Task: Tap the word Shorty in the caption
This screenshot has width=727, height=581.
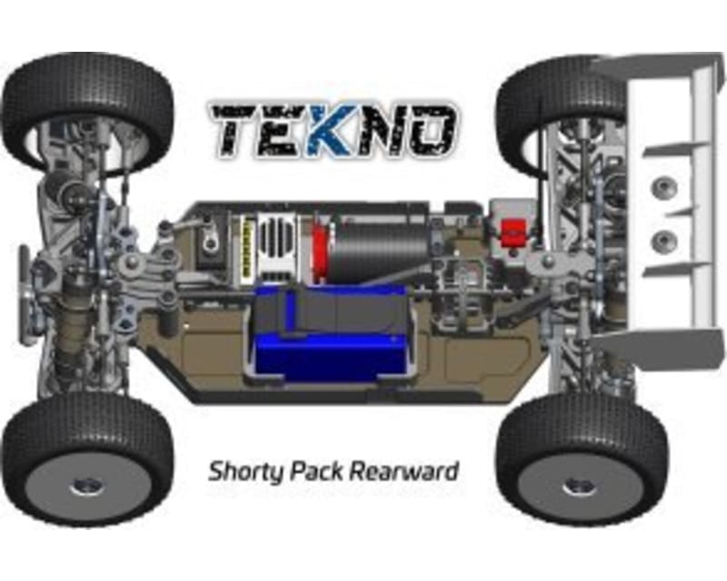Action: (245, 472)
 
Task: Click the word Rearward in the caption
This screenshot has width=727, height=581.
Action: (403, 471)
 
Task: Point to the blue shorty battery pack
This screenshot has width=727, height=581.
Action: (332, 332)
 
